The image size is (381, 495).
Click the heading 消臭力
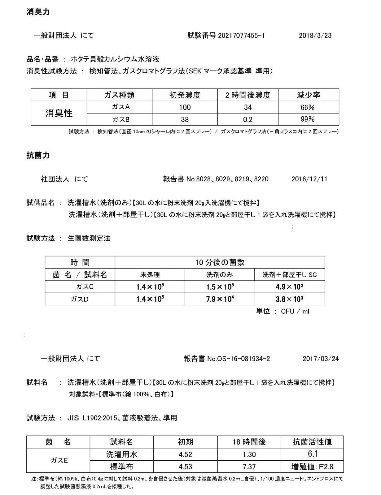38,12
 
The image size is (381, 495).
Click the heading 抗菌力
38,156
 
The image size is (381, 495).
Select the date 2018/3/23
315,36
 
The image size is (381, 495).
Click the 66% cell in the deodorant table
308,107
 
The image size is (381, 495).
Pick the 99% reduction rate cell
308,119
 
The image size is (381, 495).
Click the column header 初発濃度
185,95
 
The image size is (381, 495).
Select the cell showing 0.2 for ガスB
248,119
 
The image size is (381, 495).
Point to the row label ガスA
120,107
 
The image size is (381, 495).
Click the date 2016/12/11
309,179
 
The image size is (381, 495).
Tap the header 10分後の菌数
220,262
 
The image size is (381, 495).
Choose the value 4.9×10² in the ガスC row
289,287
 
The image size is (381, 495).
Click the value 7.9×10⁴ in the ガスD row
220,299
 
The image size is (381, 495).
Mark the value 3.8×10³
289,299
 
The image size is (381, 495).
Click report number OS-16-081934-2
238,359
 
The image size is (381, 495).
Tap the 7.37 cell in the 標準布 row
249,466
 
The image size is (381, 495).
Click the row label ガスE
59,460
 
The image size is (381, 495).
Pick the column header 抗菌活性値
312,442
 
